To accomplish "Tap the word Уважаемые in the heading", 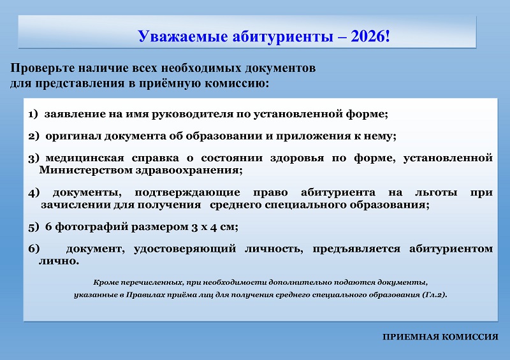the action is tap(182, 36).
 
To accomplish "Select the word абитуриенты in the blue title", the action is tap(282, 36).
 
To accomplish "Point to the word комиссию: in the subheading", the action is tap(237, 83).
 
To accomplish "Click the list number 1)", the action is tap(33, 114).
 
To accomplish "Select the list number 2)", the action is tap(34, 136).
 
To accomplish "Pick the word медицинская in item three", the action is tap(85, 158).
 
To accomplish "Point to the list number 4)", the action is tap(34, 192).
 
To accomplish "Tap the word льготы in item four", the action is tap(436, 192).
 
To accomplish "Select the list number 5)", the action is tap(34, 227).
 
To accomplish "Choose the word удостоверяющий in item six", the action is tap(185, 249).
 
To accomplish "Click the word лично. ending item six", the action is tap(59, 261).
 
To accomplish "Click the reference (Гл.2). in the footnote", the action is tap(434, 295).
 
